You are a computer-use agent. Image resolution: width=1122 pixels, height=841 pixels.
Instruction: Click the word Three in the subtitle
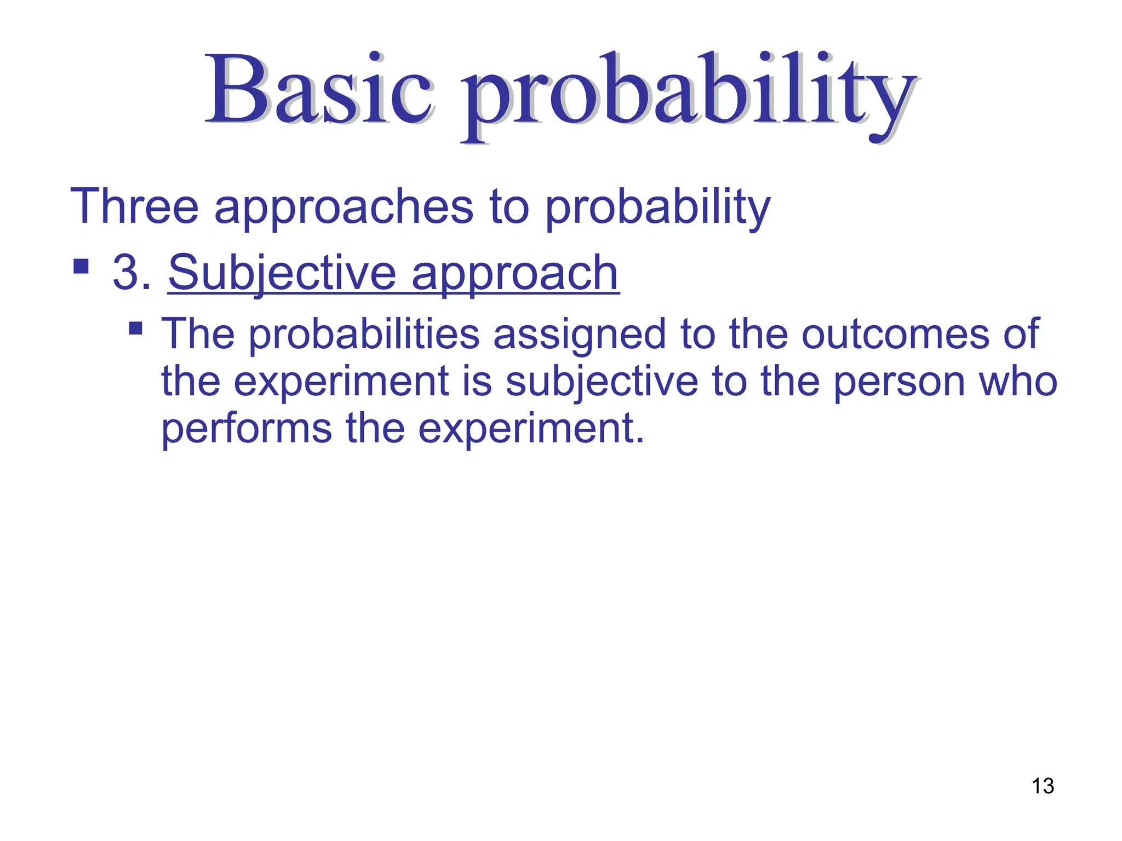pos(134,207)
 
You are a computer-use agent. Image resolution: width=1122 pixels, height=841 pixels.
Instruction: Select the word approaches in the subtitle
pos(344,208)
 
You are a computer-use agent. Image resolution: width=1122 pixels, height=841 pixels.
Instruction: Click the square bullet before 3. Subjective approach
pos(81,267)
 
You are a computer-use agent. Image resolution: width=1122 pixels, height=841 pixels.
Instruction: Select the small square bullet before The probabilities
pos(135,329)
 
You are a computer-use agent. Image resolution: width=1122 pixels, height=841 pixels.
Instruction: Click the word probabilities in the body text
pos(365,335)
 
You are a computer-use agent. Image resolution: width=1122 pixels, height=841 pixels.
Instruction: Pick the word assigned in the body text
pos(579,335)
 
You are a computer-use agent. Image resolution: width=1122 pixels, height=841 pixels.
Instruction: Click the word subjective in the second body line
pos(601,382)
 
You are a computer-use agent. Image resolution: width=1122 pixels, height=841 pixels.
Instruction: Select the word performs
pos(247,429)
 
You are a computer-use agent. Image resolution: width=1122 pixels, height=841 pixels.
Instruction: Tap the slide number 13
pos(1043,786)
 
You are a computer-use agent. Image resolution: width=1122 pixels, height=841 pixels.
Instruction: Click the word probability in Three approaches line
pos(657,208)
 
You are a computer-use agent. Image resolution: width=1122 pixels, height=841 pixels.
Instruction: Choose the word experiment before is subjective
pos(341,382)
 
